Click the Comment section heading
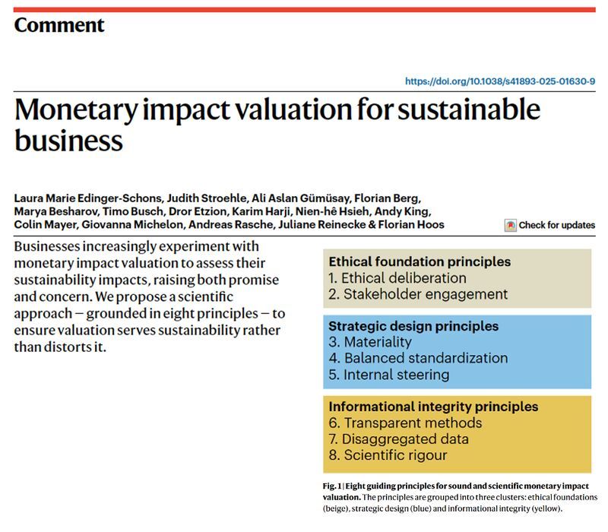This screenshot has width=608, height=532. point(59,25)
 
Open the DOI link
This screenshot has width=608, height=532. point(499,81)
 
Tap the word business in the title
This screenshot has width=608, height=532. point(68,141)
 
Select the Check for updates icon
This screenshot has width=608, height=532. point(511,225)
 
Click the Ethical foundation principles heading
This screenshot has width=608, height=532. point(420,262)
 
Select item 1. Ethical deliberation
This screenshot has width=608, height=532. point(397,278)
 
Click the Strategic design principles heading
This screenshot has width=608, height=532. point(413,326)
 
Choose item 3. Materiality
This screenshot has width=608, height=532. point(370,342)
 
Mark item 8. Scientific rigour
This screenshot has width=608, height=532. point(388,455)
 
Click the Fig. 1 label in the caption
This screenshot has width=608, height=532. point(334,486)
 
